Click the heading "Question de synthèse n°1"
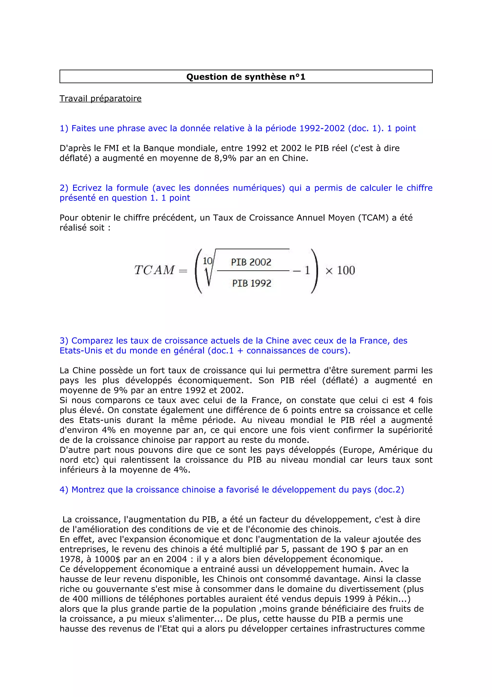click(246, 77)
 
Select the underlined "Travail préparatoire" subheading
click(100, 98)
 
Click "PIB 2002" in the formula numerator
click(251, 262)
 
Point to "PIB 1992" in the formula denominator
click(252, 283)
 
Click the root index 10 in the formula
click(208, 261)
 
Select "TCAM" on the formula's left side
click(155, 270)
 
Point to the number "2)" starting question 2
click(64, 188)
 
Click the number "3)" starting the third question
click(64, 341)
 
